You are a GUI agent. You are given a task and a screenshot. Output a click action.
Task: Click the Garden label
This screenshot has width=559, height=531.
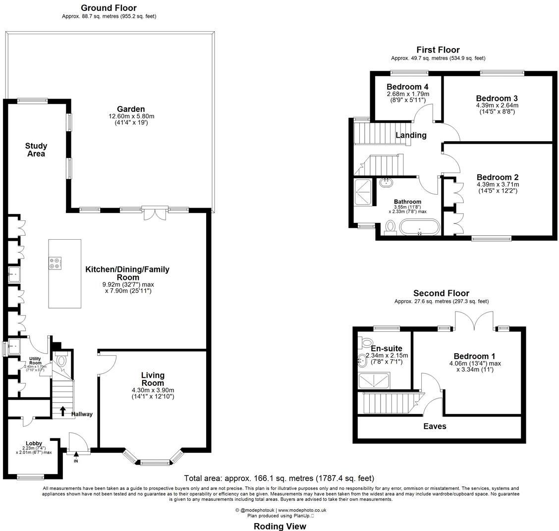pyautogui.click(x=131, y=109)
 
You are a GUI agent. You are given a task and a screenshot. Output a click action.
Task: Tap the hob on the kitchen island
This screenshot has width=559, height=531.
pyautogui.click(x=55, y=263)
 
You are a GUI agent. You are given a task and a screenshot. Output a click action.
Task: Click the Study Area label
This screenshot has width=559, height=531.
pyautogui.click(x=36, y=150)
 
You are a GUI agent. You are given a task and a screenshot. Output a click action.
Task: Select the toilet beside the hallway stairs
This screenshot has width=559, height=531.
pyautogui.click(x=62, y=361)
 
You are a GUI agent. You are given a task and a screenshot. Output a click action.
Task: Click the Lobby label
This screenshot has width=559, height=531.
pyautogui.click(x=34, y=443)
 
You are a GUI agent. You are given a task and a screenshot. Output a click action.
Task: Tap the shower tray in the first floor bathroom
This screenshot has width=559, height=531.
pyautogui.click(x=365, y=188)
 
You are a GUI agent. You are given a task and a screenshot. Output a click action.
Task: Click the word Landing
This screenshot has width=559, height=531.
pyautogui.click(x=411, y=135)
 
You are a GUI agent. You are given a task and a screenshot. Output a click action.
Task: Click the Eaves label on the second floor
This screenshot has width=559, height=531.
pyautogui.click(x=435, y=426)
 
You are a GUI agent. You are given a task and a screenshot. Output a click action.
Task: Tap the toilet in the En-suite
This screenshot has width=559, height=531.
pyautogui.click(x=367, y=342)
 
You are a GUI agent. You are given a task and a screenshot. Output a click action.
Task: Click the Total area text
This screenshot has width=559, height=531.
pyautogui.click(x=279, y=478)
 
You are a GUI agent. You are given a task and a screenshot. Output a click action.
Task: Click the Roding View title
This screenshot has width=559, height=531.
pyautogui.click(x=279, y=526)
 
